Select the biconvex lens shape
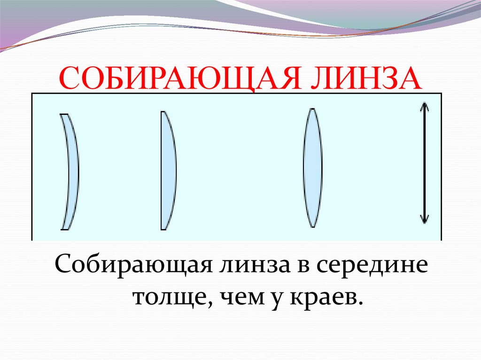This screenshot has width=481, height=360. click(x=312, y=168)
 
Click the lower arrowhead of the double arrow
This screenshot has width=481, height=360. click(x=424, y=220)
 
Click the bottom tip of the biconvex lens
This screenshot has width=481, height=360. click(x=312, y=227)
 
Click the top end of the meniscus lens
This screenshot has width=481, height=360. click(x=64, y=115)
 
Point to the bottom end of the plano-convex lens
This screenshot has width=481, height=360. click(x=163, y=229)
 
